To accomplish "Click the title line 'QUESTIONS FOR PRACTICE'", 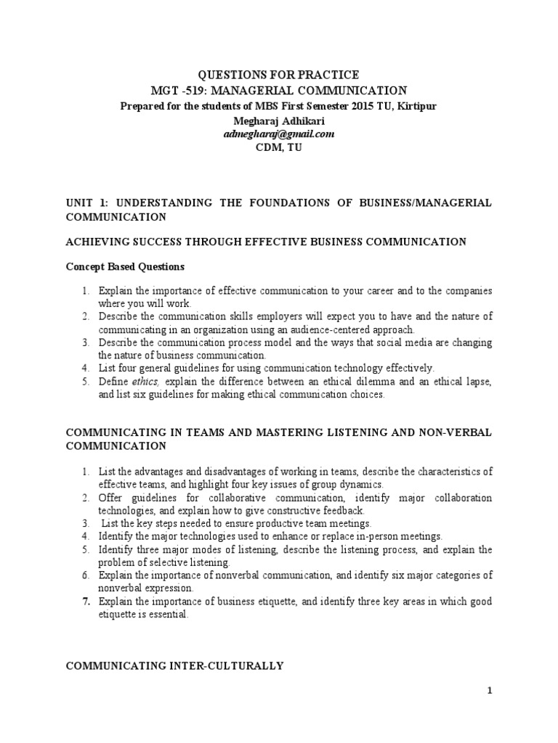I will pos(279,75).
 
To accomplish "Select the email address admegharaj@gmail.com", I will pos(279,134).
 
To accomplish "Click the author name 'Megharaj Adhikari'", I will pos(279,120).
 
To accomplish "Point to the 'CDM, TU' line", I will pos(279,147).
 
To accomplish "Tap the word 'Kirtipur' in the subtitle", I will pos(416,106).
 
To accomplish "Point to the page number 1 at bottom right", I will pos(490,691).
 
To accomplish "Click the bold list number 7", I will pos(85,602).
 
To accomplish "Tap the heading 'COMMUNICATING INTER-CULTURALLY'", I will pos(174,665).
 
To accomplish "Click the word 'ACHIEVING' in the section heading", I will pos(94,242).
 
